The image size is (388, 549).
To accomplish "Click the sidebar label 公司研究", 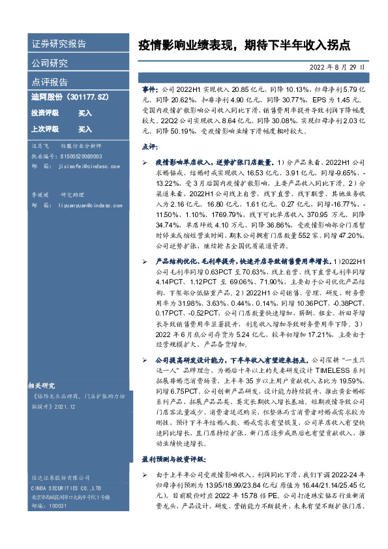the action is coord(50,63).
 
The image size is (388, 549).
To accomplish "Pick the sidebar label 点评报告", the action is coord(50,82).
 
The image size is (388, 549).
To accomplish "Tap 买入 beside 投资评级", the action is coord(85,113).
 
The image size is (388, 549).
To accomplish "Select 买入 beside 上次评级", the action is coord(85,129).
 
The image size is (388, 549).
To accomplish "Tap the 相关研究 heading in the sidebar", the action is coord(43,384).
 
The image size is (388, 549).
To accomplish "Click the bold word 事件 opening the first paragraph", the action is coord(149,87).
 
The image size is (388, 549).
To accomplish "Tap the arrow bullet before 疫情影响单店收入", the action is coord(145,160).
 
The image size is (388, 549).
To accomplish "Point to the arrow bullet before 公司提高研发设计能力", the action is coord(145,359).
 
